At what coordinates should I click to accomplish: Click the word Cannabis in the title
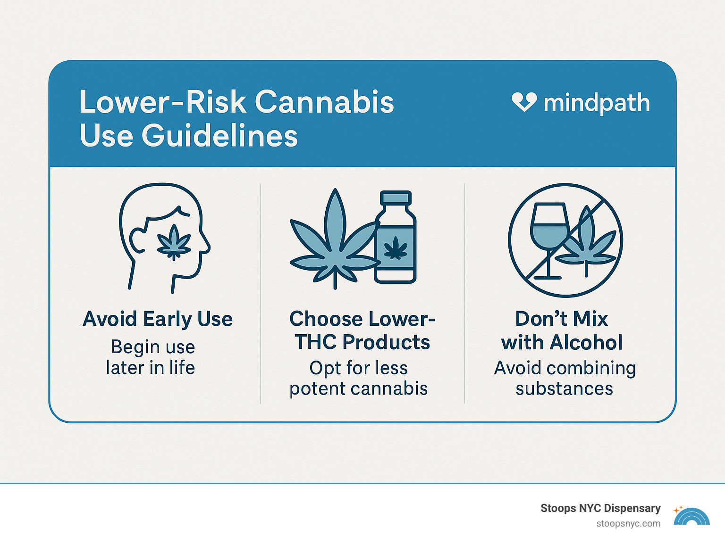coord(324,102)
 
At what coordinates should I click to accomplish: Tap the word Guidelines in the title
coord(219,136)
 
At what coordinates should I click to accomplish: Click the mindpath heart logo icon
coord(524,102)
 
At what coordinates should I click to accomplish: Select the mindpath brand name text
coord(597,103)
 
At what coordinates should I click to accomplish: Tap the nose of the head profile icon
coord(206,243)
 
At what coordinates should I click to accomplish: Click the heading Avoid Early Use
coord(158,319)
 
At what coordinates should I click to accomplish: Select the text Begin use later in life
coord(151,357)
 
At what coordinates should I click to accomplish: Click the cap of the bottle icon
coord(396,198)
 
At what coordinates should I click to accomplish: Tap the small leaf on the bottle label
coord(396,248)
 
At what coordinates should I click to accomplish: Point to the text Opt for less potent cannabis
coord(359,378)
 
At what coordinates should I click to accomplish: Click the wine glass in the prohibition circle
coord(548,231)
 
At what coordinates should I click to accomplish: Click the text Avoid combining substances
coord(565,378)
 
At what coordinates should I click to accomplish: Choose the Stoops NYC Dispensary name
coord(600,508)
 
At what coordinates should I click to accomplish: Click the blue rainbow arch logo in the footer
coord(691,517)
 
